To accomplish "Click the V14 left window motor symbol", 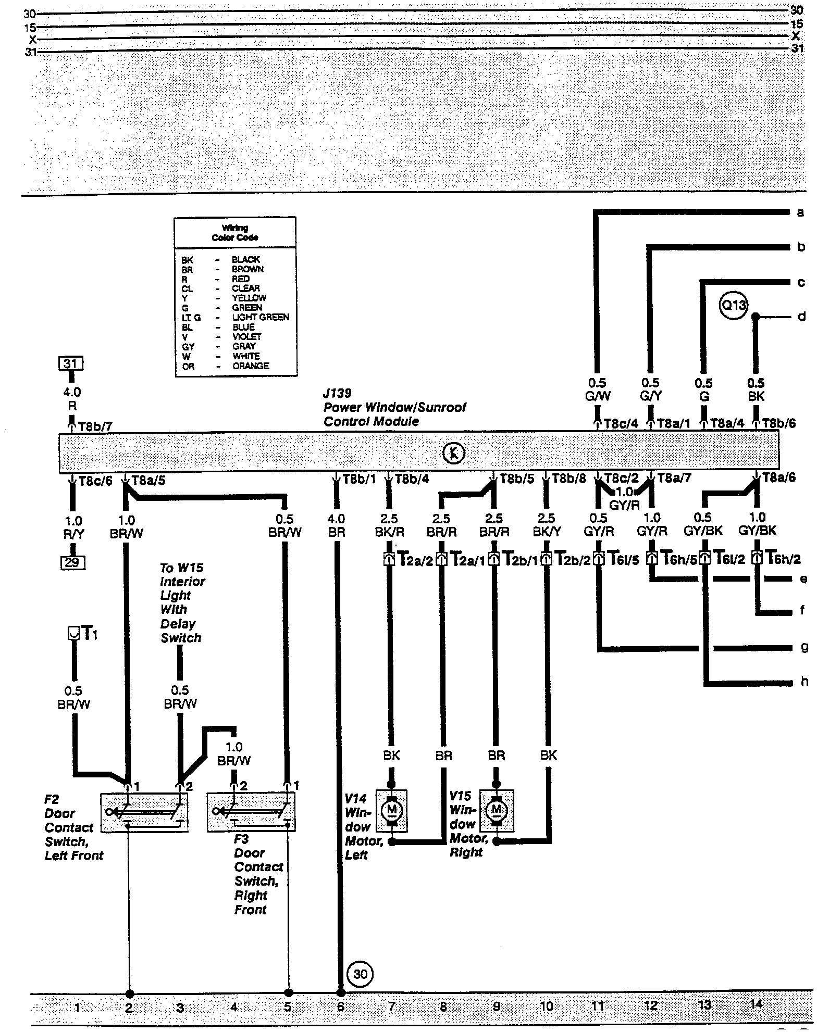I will click(391, 810).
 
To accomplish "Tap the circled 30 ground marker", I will click(360, 973).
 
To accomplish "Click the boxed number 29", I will click(73, 562).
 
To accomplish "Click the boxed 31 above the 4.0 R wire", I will click(72, 363).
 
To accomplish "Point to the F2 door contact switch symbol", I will click(144, 812).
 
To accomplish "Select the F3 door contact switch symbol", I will click(251, 812).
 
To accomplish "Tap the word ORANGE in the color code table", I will click(251, 366).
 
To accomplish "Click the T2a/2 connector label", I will click(415, 559).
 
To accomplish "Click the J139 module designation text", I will click(337, 393).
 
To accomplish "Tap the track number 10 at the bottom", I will click(547, 1006).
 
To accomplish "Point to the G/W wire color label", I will click(598, 396).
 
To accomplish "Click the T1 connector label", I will click(90, 634).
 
